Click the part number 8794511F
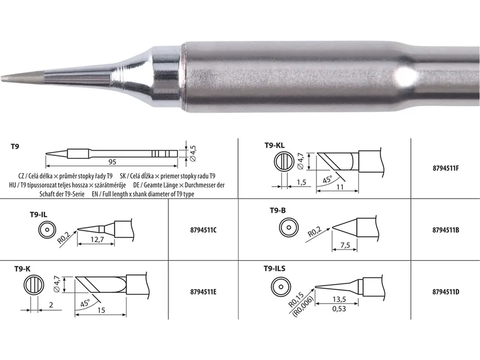click(x=446, y=168)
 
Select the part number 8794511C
click(x=203, y=230)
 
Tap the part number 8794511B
click(x=446, y=230)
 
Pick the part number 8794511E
click(x=203, y=292)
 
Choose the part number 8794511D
click(x=446, y=292)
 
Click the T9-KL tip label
click(x=275, y=145)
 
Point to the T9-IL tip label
click(x=38, y=214)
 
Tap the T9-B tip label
click(x=277, y=210)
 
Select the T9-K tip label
click(x=23, y=269)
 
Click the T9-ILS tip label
click(x=275, y=268)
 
